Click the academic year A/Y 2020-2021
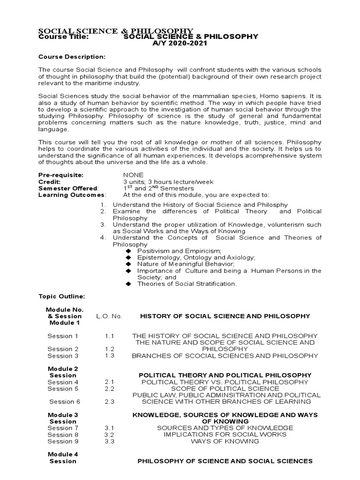click(183, 43)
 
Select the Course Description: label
click(72, 57)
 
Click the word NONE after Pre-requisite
click(133, 175)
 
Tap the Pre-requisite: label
click(60, 175)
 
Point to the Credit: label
click(49, 181)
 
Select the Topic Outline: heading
click(61, 297)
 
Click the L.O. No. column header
click(109, 316)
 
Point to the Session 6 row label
click(65, 401)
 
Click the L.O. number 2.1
click(110, 382)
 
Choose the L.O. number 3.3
click(110, 441)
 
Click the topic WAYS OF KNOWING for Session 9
click(225, 441)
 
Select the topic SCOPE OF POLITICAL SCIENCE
click(225, 389)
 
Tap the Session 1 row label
click(63, 336)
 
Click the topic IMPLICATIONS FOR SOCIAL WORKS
click(225, 435)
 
